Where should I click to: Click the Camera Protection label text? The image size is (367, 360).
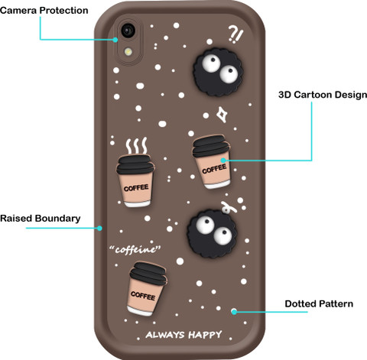click(44, 11)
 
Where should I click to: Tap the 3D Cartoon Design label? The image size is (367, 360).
click(323, 95)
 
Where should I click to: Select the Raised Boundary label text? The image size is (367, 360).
click(41, 219)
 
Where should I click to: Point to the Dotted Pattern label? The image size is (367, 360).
click(319, 303)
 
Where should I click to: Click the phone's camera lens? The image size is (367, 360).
click(128, 30)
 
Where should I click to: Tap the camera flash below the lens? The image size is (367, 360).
click(128, 52)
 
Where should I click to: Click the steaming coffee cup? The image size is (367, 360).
click(135, 180)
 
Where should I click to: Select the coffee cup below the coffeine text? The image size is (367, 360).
click(147, 289)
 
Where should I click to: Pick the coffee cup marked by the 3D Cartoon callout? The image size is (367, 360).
click(211, 162)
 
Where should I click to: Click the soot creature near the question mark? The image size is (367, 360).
click(217, 72)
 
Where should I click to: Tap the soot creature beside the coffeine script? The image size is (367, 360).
click(212, 234)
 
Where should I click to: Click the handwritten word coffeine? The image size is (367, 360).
click(135, 249)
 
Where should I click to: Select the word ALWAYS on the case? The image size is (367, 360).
click(164, 335)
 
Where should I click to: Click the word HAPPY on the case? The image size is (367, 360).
click(205, 335)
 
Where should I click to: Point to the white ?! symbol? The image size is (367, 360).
click(235, 34)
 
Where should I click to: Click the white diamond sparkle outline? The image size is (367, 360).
click(222, 115)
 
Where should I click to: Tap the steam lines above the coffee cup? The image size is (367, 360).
click(137, 145)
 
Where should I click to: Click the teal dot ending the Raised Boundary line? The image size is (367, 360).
click(99, 229)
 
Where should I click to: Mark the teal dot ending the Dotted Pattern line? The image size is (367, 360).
click(234, 311)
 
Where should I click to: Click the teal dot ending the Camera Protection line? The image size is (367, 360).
click(115, 40)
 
